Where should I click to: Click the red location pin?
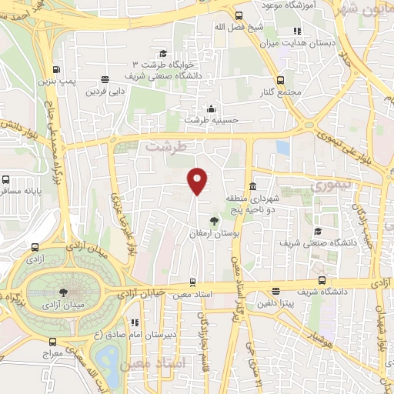pyautogui.click(x=199, y=180)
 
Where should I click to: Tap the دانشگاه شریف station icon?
pyautogui.click(x=322, y=281)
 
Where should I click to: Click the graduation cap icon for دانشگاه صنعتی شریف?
pyautogui.click(x=316, y=231)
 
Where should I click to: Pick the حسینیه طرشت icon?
pyautogui.click(x=211, y=109)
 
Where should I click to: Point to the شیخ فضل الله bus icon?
pyautogui.click(x=239, y=15)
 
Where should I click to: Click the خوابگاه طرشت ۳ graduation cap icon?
pyautogui.click(x=162, y=53)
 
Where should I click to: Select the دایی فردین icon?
pyautogui.click(x=104, y=78)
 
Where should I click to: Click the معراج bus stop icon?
pyautogui.click(x=52, y=342)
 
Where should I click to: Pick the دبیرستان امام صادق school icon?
pyautogui.click(x=135, y=322)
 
